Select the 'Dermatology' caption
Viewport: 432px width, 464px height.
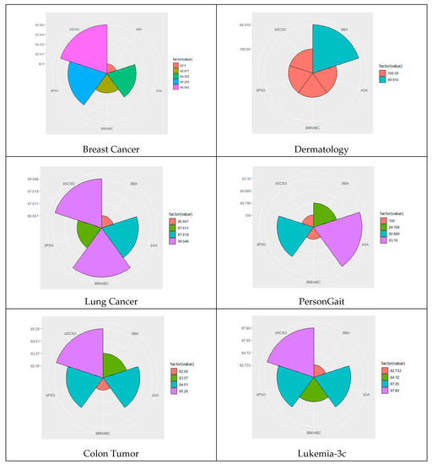point(323,149)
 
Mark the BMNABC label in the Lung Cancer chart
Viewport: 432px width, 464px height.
point(107,283)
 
